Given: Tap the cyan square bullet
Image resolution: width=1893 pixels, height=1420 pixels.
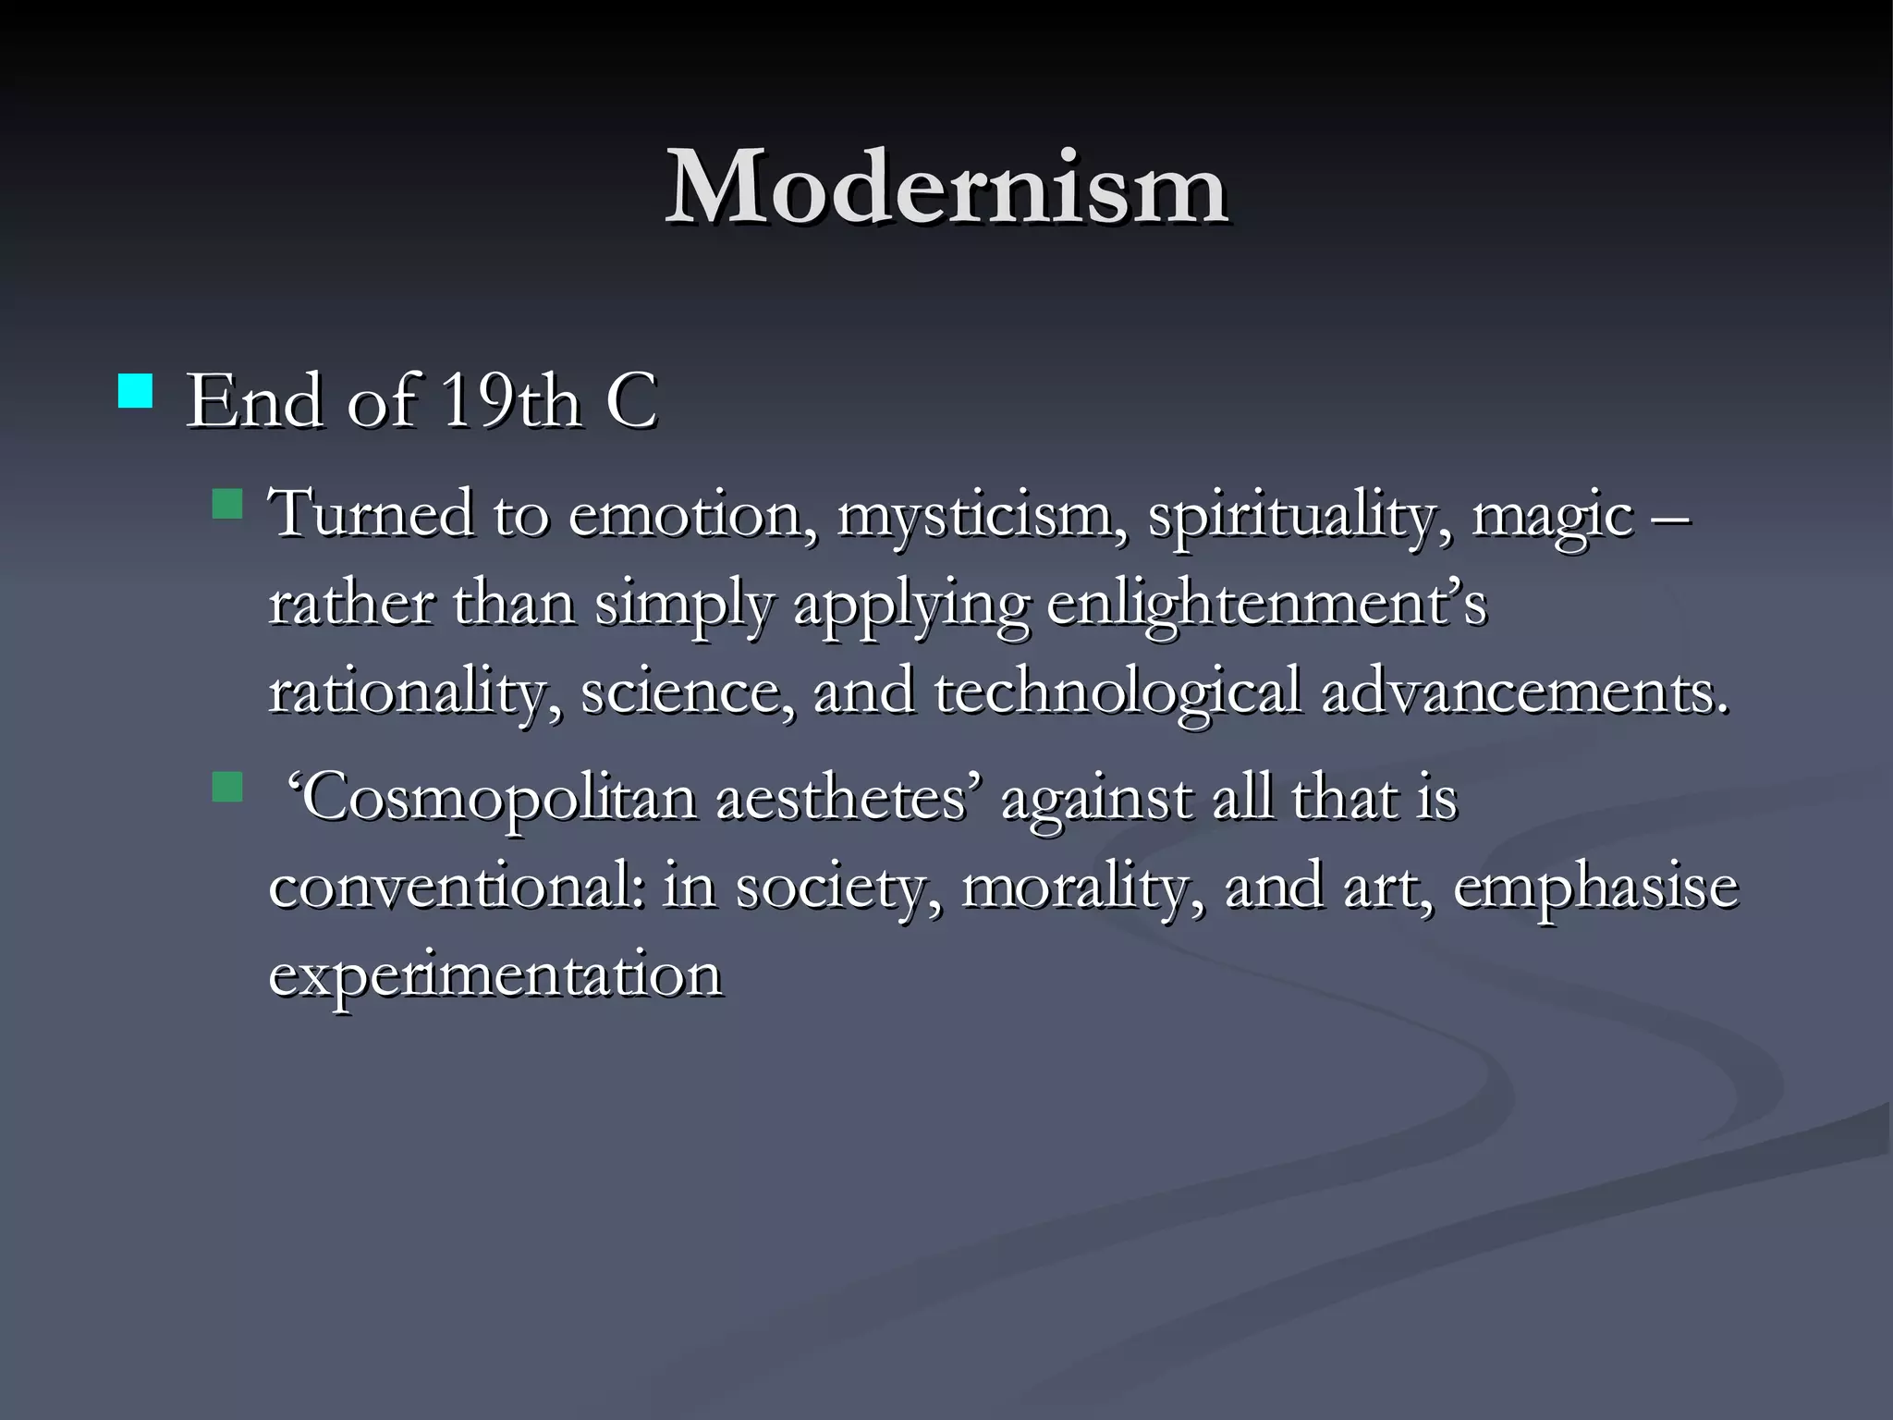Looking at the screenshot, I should click(x=136, y=391).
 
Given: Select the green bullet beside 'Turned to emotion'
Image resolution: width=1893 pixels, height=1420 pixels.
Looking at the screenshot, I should click(x=226, y=505).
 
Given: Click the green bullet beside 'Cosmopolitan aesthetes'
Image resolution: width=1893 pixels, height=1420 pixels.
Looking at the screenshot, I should click(x=226, y=788).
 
